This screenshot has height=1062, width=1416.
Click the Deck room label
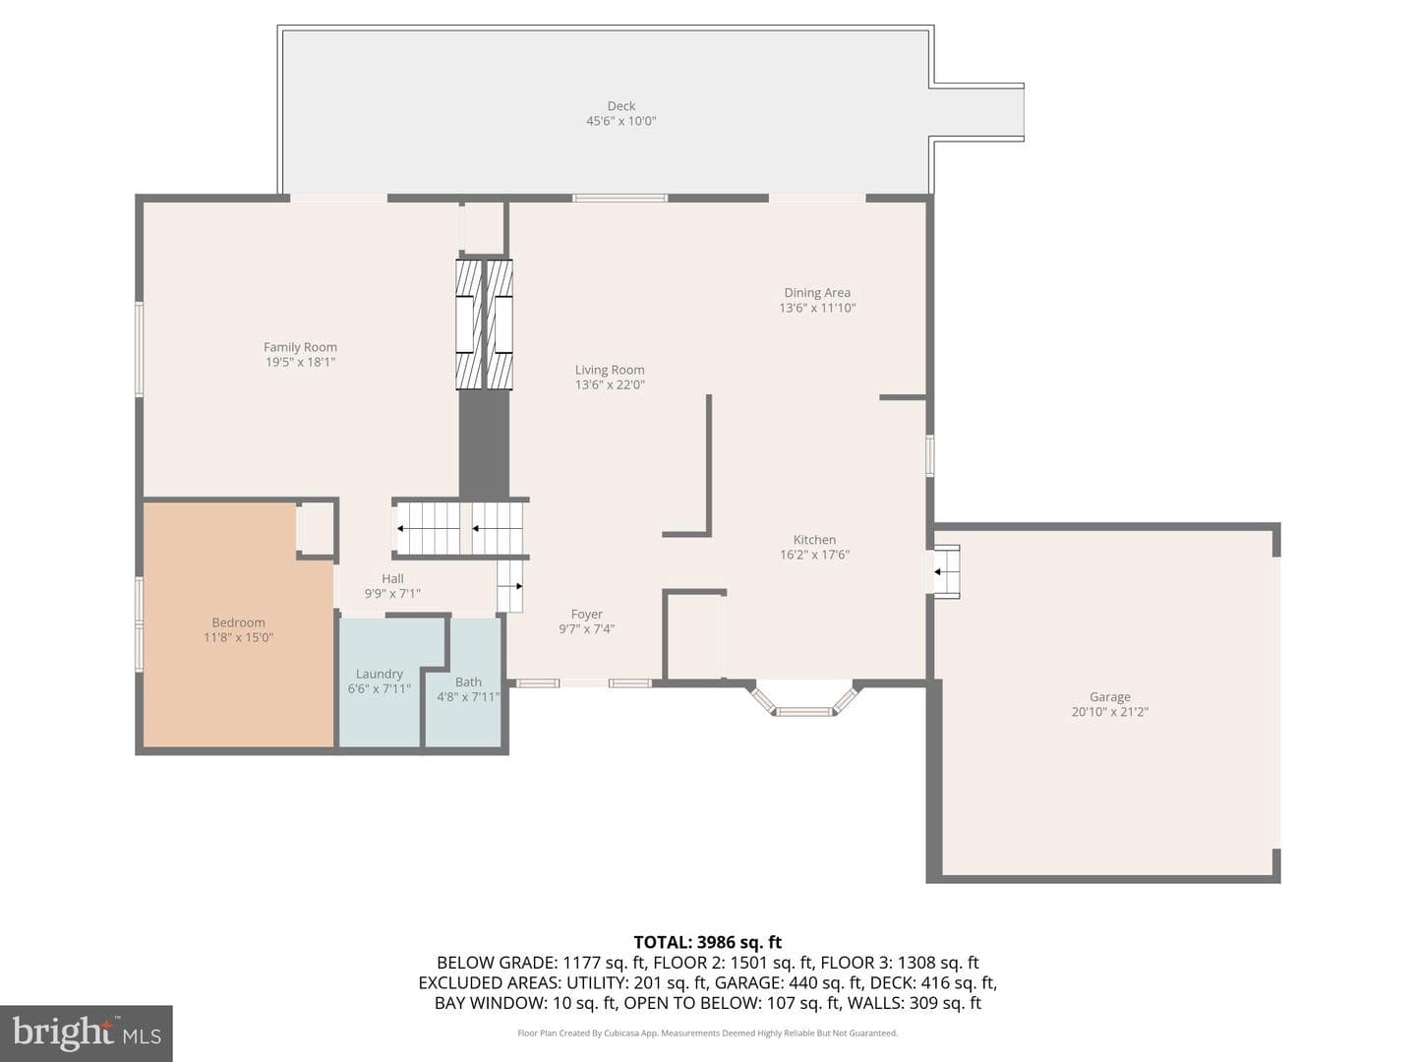point(620,106)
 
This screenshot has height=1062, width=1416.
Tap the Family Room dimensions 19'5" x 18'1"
point(300,363)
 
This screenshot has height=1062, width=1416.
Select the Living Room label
point(610,370)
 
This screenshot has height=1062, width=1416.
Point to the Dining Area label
point(817,293)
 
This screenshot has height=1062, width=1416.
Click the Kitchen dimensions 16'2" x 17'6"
point(814,555)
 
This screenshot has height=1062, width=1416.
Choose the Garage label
point(1109,697)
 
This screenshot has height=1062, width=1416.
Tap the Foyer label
point(586,615)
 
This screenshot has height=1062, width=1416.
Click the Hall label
point(392,578)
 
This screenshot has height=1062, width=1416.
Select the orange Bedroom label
point(238,622)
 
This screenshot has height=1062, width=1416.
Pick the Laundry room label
point(379,674)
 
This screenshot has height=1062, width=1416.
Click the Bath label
point(468,681)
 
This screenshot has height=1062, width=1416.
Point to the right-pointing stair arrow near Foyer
point(515,586)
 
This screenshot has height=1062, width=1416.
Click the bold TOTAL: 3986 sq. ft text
point(708,942)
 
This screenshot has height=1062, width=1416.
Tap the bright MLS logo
point(87,1033)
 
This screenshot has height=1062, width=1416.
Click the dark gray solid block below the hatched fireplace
point(484,442)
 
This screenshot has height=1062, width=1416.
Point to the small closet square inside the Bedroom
point(316,529)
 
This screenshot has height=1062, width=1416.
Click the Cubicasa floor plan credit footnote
point(708,1032)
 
